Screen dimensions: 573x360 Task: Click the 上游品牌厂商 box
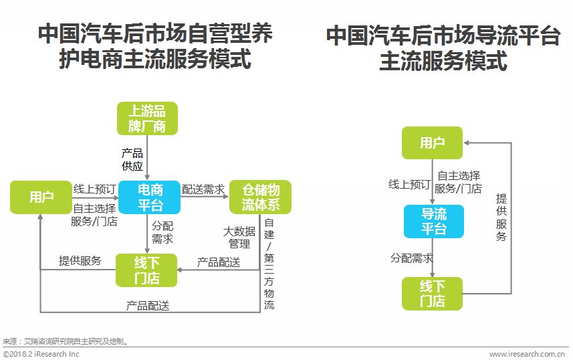point(146,118)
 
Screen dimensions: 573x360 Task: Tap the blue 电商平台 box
point(150,197)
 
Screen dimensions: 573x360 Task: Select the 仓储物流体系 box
point(260,197)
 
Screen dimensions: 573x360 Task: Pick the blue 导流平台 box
point(433,221)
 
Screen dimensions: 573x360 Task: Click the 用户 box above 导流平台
point(432,143)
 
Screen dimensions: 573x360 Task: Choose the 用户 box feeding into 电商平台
point(41,197)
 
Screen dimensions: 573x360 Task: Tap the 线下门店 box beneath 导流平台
point(432,294)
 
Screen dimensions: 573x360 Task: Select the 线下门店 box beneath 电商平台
point(146,270)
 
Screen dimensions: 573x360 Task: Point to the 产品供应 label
point(132,159)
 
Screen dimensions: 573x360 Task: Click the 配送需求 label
point(203,189)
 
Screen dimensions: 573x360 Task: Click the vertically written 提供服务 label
point(501,217)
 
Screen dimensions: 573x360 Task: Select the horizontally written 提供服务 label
point(80,261)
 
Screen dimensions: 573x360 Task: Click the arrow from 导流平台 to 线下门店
point(433,258)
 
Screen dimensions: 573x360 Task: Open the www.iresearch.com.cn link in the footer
point(528,354)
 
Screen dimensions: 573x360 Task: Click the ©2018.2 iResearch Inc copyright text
point(41,354)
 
